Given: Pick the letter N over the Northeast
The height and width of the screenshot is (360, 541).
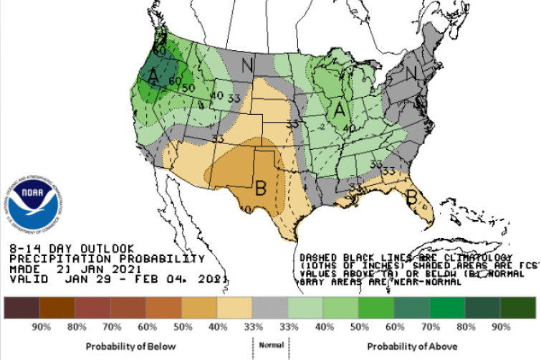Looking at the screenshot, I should click(411, 73).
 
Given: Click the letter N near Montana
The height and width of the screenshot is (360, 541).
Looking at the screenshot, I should click(247, 66).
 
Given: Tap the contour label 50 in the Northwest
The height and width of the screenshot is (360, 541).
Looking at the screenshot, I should click(189, 87).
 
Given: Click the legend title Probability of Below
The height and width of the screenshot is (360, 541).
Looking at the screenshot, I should click(122, 347).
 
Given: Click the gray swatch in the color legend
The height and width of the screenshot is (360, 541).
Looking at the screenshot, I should click(270, 308).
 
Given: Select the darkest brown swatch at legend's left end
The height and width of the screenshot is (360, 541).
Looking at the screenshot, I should click(21, 308).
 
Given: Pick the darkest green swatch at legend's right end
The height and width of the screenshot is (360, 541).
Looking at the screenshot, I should click(518, 308).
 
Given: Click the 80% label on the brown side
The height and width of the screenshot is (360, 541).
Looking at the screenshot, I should click(76, 327).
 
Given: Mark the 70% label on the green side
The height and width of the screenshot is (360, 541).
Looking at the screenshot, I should click(431, 327).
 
